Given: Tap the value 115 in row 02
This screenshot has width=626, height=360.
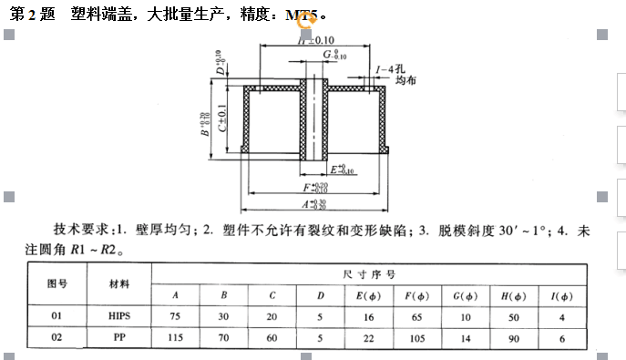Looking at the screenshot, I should [175, 337].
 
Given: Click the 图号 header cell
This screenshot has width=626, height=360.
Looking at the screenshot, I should [57, 283].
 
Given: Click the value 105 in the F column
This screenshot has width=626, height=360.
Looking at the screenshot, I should [414, 337].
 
